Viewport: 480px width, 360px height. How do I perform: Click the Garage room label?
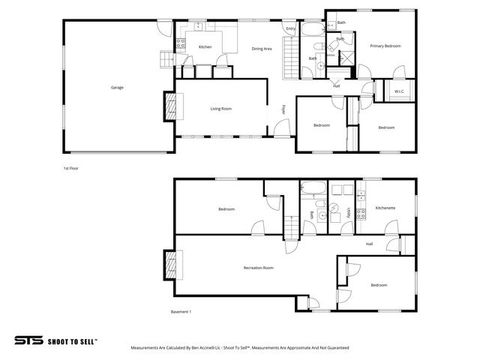point(117,88)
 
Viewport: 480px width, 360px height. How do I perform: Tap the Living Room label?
point(220,109)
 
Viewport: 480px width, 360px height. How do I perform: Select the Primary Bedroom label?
point(385,46)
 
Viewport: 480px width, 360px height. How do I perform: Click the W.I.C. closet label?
point(399,91)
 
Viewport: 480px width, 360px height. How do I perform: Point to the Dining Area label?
point(261,48)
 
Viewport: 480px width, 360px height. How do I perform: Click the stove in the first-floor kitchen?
point(181,43)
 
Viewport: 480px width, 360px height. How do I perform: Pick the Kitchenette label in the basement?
point(385,208)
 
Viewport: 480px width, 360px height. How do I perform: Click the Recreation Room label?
point(258,268)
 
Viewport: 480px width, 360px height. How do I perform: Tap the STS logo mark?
point(28,340)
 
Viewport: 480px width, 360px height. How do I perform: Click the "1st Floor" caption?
point(71,169)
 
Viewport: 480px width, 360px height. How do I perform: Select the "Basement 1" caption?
point(181,311)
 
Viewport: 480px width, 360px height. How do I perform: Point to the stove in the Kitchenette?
point(361,213)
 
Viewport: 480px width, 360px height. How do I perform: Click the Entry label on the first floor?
point(290,28)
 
